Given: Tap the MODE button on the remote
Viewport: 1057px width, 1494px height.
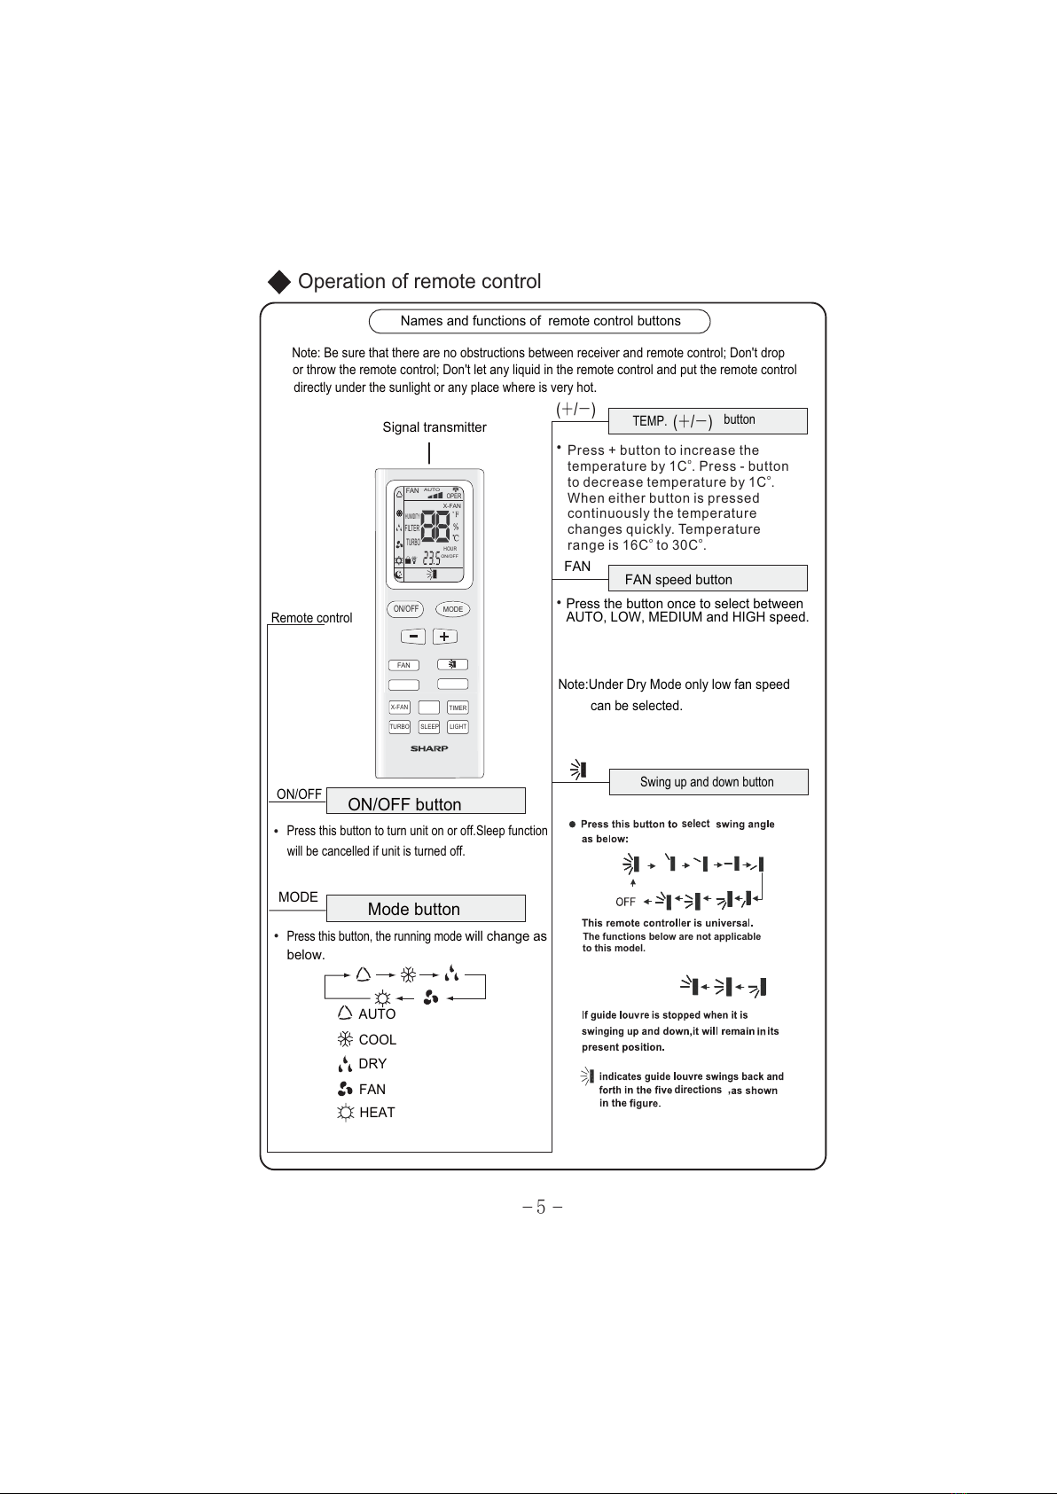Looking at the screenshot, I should (453, 609).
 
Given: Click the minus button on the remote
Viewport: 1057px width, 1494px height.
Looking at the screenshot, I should (413, 637).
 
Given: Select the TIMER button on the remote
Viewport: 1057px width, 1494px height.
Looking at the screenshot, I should (458, 708).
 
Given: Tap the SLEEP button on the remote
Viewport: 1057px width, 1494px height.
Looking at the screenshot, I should (429, 727).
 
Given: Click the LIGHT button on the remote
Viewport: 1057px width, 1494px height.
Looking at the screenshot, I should (458, 727).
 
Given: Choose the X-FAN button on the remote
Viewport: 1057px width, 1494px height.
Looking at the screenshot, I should (400, 708).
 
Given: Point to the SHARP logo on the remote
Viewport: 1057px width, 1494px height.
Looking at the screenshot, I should (429, 748).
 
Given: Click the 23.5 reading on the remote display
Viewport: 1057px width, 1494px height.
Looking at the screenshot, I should (431, 559).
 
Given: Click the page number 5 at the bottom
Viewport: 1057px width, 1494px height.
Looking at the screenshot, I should (541, 1207).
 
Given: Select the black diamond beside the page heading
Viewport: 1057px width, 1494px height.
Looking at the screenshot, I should (279, 282).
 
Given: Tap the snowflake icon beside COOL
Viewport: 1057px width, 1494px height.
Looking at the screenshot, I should (345, 1039).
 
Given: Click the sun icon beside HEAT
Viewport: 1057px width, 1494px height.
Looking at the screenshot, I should (345, 1113).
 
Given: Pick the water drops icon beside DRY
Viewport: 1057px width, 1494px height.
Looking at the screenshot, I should (345, 1064).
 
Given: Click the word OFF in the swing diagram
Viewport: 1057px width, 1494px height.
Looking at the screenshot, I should (625, 902).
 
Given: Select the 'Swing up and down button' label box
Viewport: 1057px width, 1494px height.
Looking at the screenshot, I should (708, 782).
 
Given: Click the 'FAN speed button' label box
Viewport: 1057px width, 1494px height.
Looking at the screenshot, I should (708, 579).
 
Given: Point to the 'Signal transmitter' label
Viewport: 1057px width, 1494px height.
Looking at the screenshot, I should (435, 427).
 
